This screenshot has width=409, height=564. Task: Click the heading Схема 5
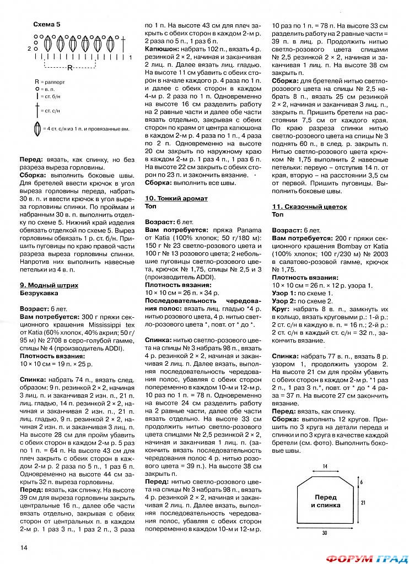pos(47,25)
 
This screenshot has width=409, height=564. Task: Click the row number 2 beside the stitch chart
pos(29,48)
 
